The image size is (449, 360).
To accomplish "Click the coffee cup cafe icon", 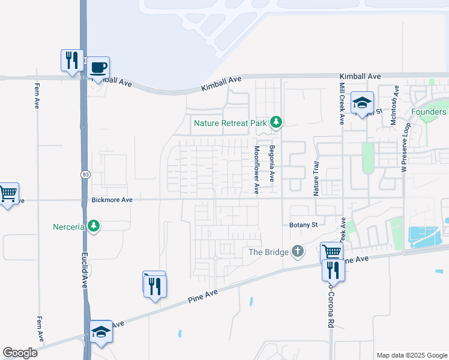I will click(x=99, y=68).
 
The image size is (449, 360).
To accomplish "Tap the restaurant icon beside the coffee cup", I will click(x=71, y=60).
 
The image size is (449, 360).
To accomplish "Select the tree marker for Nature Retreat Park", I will click(x=276, y=123).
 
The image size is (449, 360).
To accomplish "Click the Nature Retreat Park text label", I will click(x=229, y=124).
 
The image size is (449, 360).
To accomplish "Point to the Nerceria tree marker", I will click(x=93, y=226).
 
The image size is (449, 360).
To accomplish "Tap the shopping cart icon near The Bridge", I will click(x=331, y=251).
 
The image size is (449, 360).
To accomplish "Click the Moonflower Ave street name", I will click(x=256, y=170).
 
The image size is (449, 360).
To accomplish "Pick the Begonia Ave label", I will click(x=271, y=163).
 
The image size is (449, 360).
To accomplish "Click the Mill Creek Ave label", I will click(x=341, y=102).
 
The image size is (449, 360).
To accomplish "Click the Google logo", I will click(x=20, y=353).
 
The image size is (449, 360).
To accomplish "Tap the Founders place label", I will click(x=429, y=112).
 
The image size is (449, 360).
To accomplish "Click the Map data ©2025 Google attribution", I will click(x=411, y=355).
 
